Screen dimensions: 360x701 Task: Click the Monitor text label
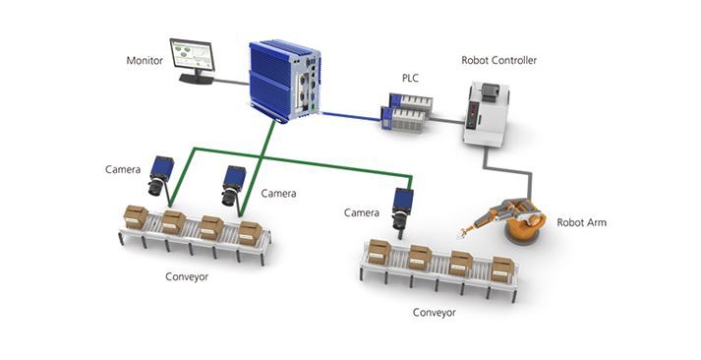pos(145,60)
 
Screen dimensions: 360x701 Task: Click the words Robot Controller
pos(498,61)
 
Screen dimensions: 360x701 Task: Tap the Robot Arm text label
pos(581,222)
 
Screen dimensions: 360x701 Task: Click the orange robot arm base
pos(526,235)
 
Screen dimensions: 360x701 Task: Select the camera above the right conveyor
pos(402,208)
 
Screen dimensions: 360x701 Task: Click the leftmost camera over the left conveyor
pos(161,178)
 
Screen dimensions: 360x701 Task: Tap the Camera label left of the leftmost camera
pos(123,169)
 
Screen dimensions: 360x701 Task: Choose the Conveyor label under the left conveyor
pos(186,276)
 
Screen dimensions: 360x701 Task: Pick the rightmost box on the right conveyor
pos(502,269)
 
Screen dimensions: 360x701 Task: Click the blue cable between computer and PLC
pos(350,113)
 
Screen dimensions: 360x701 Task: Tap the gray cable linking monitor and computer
pos(232,83)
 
